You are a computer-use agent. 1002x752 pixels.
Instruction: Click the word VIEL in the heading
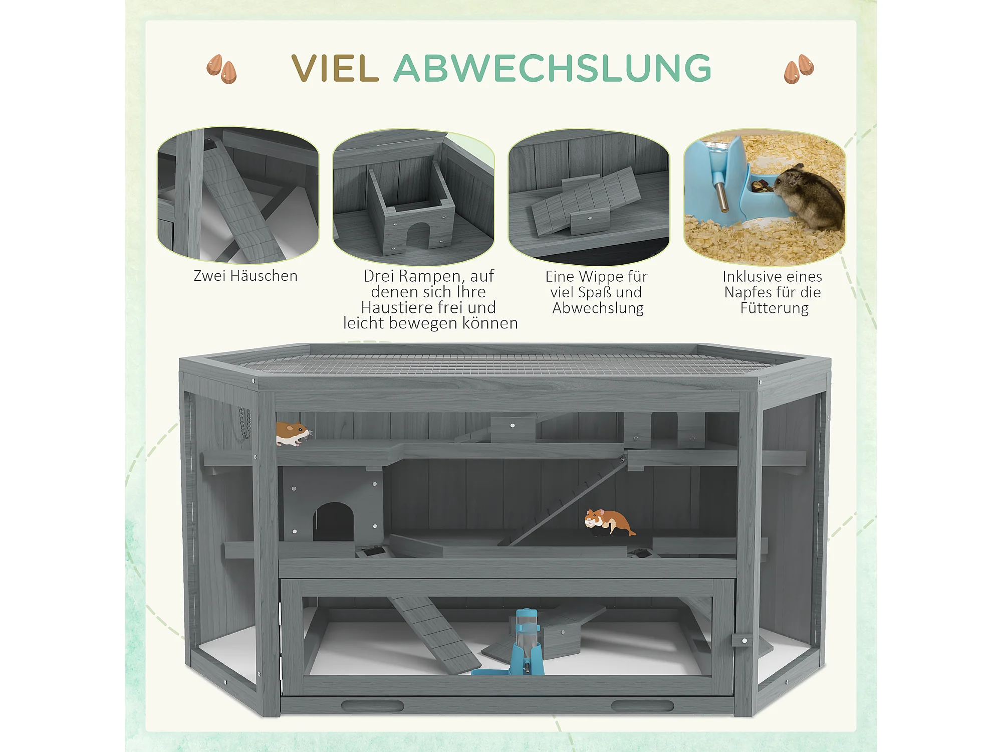[x=335, y=68]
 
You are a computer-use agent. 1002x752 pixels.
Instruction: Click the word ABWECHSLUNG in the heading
[x=553, y=68]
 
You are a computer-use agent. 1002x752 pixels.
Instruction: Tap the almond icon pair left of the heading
[x=221, y=69]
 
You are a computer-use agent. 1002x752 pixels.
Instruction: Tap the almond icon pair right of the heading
[x=799, y=69]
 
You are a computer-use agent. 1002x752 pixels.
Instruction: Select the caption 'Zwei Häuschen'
[x=245, y=276]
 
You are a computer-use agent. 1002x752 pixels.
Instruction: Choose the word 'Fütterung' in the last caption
[x=775, y=308]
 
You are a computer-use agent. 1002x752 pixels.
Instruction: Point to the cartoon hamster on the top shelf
[x=293, y=434]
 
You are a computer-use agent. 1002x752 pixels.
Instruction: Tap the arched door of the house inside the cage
[x=333, y=521]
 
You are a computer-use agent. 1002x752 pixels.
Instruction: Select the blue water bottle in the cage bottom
[x=527, y=642]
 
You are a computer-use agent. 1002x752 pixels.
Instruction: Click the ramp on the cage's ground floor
[x=435, y=635]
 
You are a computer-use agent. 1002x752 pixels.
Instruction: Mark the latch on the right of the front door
[x=742, y=640]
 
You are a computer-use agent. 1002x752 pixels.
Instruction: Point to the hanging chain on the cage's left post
[x=244, y=423]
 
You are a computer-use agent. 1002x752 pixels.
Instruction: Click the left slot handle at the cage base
[x=372, y=706]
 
